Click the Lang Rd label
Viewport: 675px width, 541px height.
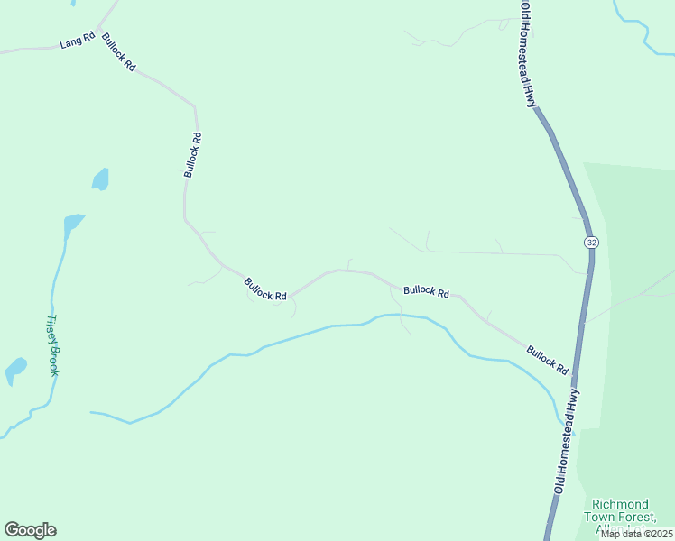click(77, 41)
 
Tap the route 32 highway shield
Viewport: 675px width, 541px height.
click(591, 243)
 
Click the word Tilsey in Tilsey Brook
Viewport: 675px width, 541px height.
click(51, 329)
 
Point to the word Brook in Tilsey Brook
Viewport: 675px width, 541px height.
click(55, 360)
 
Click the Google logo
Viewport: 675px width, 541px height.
click(30, 530)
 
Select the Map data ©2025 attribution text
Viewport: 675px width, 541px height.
click(635, 533)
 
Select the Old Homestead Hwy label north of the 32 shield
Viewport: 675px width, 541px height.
click(526, 54)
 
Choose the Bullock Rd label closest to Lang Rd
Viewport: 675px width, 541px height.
click(118, 52)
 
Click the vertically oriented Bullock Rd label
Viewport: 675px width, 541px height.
click(192, 155)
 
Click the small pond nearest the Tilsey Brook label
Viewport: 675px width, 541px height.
click(15, 370)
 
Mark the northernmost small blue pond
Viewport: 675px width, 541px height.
click(100, 179)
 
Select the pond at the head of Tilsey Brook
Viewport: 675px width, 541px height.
click(72, 222)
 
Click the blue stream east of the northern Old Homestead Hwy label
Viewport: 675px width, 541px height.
click(643, 27)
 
